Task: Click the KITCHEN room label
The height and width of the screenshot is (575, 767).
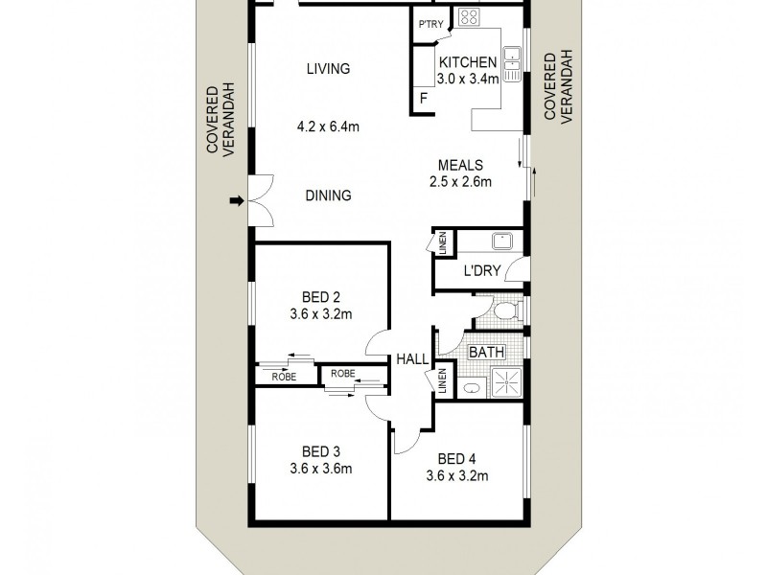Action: coord(468,62)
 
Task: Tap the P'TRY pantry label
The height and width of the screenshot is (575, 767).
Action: coord(430,24)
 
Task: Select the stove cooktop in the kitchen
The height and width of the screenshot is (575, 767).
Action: coord(468,17)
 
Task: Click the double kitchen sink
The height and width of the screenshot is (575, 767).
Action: coord(512,64)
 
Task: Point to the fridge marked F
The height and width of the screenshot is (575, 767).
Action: coord(424,99)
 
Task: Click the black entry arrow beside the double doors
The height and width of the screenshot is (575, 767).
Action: coord(237,200)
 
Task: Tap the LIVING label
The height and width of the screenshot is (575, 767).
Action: coord(328,68)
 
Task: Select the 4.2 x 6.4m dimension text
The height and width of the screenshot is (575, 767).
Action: coord(328,126)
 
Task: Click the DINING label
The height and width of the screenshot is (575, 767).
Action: coord(328,195)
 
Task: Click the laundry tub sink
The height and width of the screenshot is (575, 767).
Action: coord(501,241)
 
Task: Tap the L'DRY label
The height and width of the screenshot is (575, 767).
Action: coord(482,270)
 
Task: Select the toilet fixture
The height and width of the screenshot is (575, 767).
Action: coord(508,310)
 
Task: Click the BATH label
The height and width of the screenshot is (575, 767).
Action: coord(486,352)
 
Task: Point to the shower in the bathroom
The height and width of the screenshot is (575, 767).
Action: coord(506,382)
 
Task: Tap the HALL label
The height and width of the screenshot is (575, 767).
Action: coord(412,360)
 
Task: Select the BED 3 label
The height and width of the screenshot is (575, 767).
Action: coord(321,451)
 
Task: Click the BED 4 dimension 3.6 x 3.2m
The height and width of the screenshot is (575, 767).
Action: coord(457,475)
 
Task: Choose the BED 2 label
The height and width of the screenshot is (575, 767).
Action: coord(321,297)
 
